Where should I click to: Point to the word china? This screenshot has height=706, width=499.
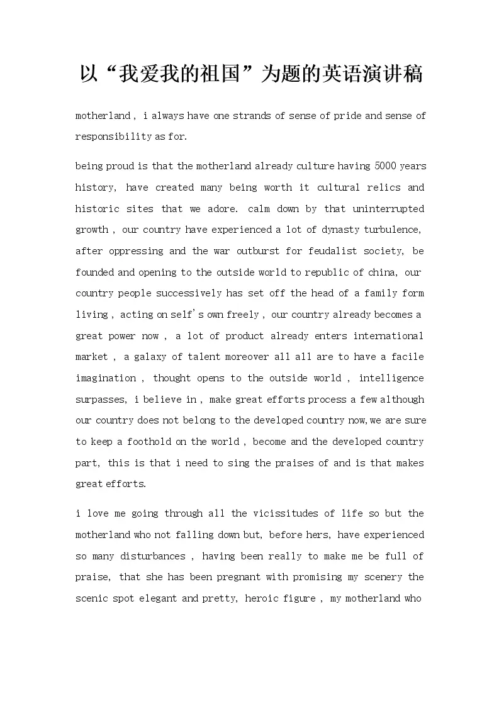click(x=383, y=272)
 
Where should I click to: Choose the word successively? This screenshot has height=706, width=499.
click(x=186, y=293)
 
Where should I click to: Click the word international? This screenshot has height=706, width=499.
click(x=388, y=336)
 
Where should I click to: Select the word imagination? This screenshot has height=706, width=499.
click(x=106, y=378)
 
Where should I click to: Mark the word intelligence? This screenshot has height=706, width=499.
click(x=391, y=378)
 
